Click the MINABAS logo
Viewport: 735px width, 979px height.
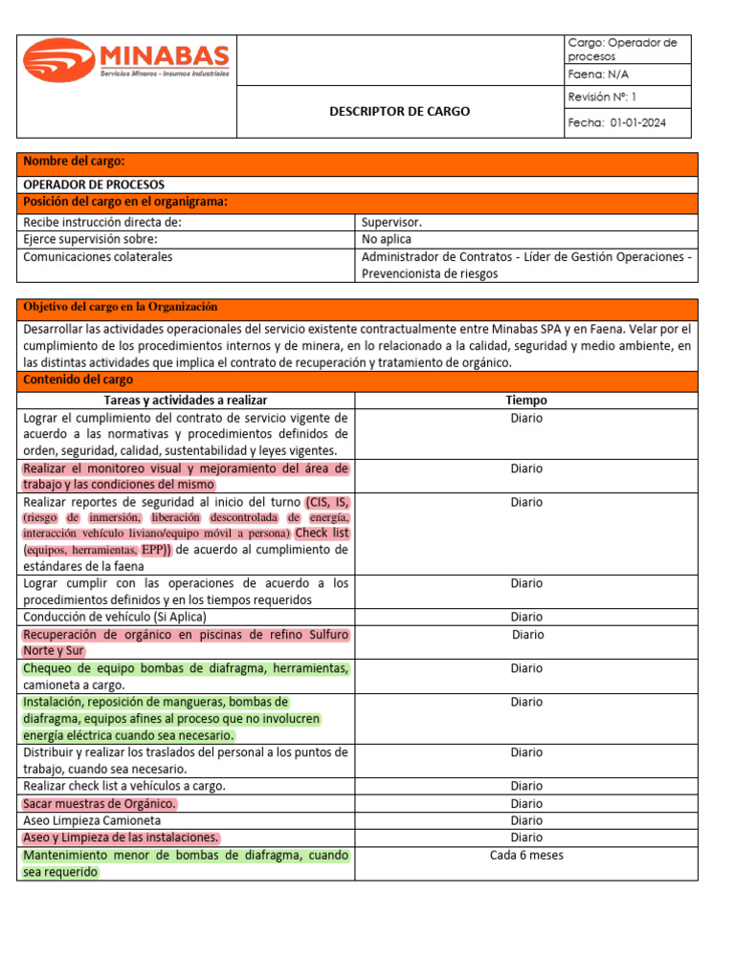(x=126, y=60)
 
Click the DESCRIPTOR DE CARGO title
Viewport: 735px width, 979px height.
(x=399, y=112)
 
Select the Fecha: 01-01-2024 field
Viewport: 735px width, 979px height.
(x=617, y=122)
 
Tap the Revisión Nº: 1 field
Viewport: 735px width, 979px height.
(x=602, y=97)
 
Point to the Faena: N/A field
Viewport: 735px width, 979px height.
(x=599, y=75)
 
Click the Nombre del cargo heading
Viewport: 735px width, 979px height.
(x=75, y=162)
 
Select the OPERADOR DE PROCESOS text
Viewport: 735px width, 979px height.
(x=94, y=185)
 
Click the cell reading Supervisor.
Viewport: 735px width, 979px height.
(x=391, y=222)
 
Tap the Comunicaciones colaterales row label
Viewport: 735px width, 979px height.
(x=99, y=256)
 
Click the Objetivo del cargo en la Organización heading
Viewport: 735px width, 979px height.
(x=121, y=307)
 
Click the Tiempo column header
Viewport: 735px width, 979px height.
(x=525, y=401)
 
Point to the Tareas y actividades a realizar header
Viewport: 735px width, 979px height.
(x=186, y=401)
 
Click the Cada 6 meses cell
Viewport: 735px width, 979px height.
(x=525, y=855)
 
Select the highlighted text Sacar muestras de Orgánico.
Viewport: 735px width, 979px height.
(x=100, y=803)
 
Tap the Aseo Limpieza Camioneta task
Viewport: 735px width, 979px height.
(x=92, y=820)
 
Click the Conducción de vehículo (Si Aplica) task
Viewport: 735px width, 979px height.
(x=115, y=617)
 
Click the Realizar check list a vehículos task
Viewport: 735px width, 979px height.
(x=124, y=786)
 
